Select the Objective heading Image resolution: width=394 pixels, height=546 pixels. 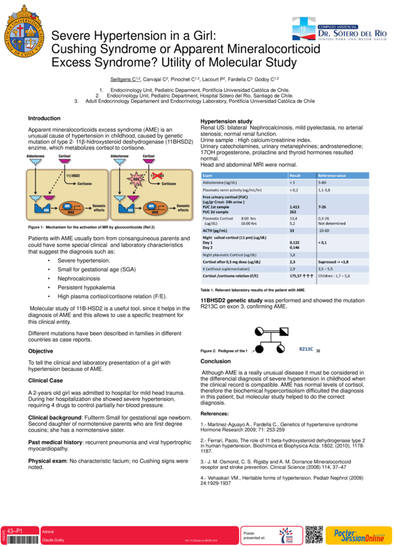[41, 351]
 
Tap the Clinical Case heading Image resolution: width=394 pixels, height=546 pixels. [46, 380]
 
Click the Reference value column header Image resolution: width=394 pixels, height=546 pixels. [332, 176]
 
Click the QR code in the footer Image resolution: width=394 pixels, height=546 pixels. [315, 534]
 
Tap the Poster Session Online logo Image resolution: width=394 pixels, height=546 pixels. [359, 534]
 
